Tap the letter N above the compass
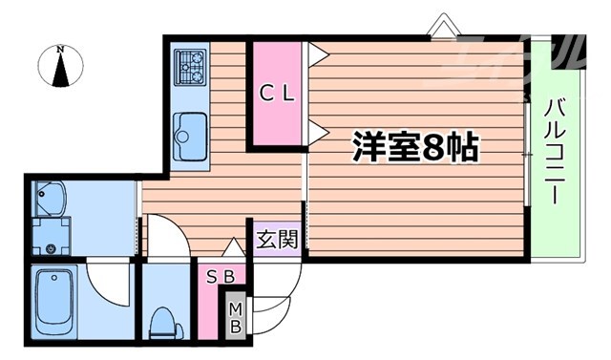click(60, 49)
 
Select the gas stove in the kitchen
click(191, 66)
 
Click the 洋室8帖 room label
click(415, 147)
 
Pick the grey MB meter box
click(235, 316)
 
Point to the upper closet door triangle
click(317, 53)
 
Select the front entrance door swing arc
click(277, 286)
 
